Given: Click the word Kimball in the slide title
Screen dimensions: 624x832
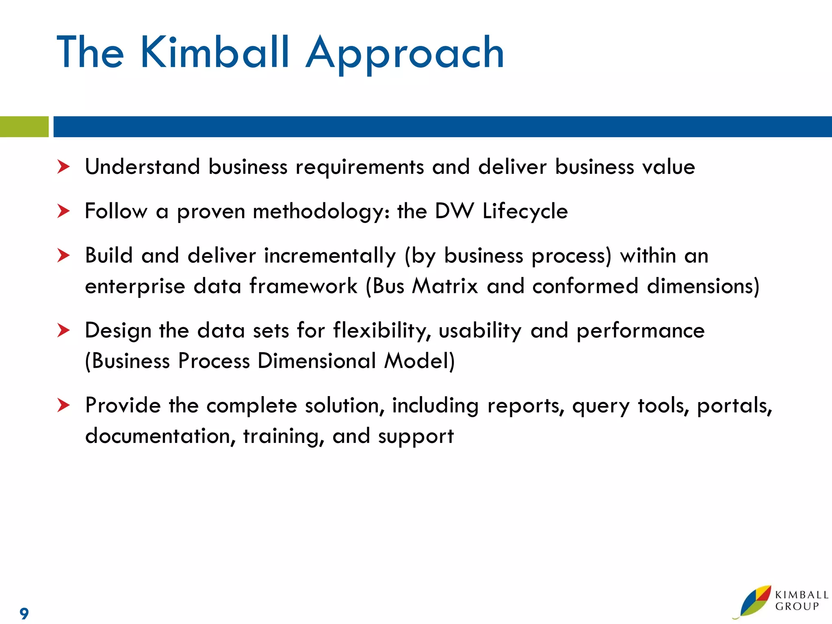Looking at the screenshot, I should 214,53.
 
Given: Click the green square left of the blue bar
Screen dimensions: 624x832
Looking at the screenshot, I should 24,127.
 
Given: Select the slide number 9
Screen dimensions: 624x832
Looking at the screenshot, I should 24,613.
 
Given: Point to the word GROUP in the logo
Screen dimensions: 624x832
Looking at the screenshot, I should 797,607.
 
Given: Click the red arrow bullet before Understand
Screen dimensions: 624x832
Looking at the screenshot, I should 63,167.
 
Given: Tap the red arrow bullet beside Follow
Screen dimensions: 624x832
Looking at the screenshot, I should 63,211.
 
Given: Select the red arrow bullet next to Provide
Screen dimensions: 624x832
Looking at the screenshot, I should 63,405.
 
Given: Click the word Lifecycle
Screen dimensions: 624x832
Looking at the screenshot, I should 525,211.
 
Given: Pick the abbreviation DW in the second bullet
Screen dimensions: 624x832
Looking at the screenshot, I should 454,211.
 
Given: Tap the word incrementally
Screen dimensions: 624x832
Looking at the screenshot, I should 329,256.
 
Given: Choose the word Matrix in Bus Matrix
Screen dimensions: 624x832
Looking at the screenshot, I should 445,286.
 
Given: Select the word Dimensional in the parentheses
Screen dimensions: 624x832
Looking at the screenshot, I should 317,361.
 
